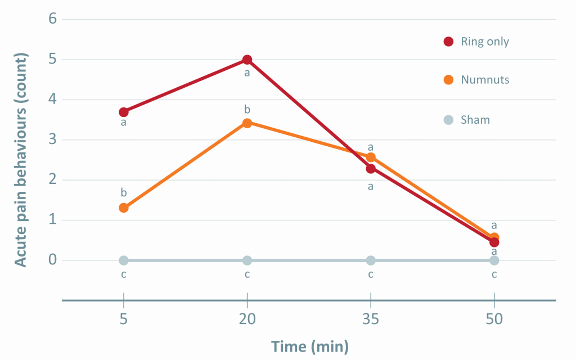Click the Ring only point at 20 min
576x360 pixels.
pyautogui.click(x=247, y=60)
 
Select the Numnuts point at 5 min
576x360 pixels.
pyautogui.click(x=124, y=208)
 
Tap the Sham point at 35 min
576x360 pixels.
pyautogui.click(x=371, y=260)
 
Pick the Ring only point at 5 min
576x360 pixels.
pyautogui.click(x=124, y=112)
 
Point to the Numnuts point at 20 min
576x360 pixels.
pyautogui.click(x=247, y=123)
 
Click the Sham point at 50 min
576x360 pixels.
pyautogui.click(x=494, y=260)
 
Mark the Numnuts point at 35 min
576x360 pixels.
pyautogui.click(x=371, y=157)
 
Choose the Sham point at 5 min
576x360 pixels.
pyautogui.click(x=124, y=260)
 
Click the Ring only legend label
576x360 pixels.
pyautogui.click(x=485, y=41)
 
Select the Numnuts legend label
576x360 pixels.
pyautogui.click(x=485, y=80)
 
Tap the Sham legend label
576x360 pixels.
pyautogui.click(x=475, y=119)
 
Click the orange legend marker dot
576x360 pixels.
pyautogui.click(x=448, y=80)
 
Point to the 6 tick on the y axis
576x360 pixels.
pyautogui.click(x=52, y=20)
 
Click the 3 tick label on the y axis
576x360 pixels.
pyautogui.click(x=52, y=140)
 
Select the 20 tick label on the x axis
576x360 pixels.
pyautogui.click(x=247, y=319)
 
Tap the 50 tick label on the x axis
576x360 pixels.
pyautogui.click(x=494, y=319)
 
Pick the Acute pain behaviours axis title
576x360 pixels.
pyautogui.click(x=20, y=160)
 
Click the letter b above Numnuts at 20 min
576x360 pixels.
pyautogui.click(x=247, y=109)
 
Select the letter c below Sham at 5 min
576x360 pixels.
pyautogui.click(x=124, y=274)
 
